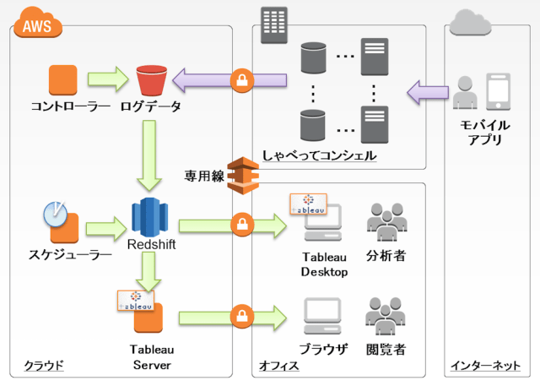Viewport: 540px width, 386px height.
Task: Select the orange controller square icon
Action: coord(63,80)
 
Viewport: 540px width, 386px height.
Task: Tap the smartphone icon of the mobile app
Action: coord(499,92)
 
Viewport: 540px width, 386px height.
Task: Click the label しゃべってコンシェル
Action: coord(319,156)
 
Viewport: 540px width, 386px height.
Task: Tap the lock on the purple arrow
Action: coord(242,82)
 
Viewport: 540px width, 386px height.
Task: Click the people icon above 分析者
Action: coord(387,222)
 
